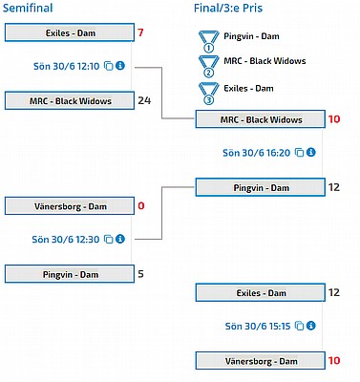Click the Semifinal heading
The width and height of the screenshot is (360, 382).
[x=28, y=8]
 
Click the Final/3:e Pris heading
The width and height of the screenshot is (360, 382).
[x=228, y=8]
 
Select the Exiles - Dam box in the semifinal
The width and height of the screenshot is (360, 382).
[x=70, y=32]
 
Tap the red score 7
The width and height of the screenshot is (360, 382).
[x=140, y=32]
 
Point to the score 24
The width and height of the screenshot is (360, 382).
[x=144, y=100]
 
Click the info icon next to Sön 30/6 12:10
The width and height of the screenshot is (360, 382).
[x=120, y=66]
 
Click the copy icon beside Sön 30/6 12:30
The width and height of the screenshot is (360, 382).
[x=109, y=239]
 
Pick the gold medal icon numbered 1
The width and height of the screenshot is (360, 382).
[x=208, y=41]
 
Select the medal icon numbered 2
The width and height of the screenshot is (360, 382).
[x=208, y=67]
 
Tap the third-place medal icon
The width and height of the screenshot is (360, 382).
[x=208, y=94]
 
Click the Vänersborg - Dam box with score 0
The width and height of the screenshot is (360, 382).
[x=70, y=206]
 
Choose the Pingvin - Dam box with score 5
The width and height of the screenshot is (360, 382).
[x=70, y=274]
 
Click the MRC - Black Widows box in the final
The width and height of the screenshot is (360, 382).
[x=261, y=119]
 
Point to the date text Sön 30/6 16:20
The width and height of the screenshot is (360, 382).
[x=257, y=153]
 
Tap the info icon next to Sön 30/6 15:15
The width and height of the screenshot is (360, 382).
[x=311, y=326]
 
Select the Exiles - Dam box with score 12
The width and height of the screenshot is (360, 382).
[x=261, y=292]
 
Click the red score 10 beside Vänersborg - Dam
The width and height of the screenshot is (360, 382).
[x=334, y=361]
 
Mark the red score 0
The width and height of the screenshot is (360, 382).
[x=141, y=206]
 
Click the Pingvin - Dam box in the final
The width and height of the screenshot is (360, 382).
[x=261, y=187]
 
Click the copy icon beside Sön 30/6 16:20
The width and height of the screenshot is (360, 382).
[x=300, y=153]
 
